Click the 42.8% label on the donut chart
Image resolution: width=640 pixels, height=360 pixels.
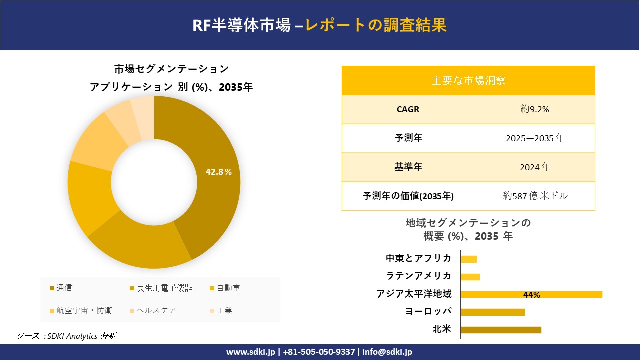tap(219, 172)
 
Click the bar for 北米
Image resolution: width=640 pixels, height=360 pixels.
tap(501, 330)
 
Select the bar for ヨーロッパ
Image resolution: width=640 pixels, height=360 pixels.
tap(493, 312)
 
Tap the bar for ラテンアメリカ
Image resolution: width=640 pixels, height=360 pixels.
tap(470, 277)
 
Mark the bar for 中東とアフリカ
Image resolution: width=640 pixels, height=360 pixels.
tap(469, 259)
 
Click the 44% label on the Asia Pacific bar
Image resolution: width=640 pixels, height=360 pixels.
tap(531, 295)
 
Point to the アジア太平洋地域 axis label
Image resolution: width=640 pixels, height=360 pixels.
tap(414, 294)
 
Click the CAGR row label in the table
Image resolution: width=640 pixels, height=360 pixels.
tap(408, 109)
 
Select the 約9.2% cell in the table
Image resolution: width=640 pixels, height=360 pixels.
tap(534, 109)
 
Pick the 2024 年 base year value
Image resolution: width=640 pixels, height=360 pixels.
tap(534, 167)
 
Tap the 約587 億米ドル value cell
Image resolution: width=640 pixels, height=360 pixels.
tap(535, 196)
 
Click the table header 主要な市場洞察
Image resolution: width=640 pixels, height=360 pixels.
tap(468, 80)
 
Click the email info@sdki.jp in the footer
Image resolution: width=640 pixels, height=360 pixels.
tap(387, 352)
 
